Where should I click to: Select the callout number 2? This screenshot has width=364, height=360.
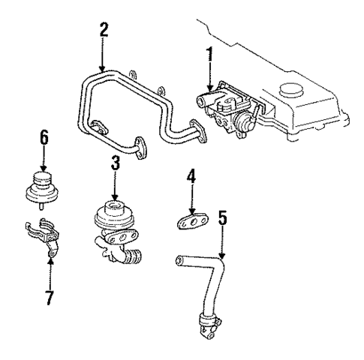click(x=104, y=31)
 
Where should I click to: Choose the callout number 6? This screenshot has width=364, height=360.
click(x=44, y=137)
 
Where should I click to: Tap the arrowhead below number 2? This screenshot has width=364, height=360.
click(x=104, y=67)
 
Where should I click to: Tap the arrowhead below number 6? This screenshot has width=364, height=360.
click(x=44, y=168)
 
